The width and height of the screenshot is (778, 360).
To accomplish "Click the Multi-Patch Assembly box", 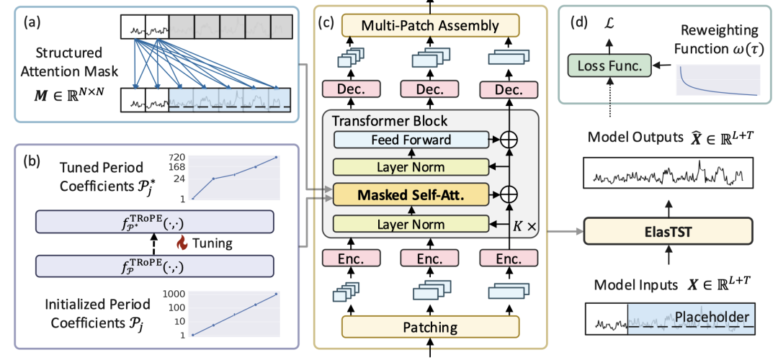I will pyautogui.click(x=431, y=26).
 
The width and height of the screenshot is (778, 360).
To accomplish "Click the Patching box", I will pyautogui.click(x=430, y=328).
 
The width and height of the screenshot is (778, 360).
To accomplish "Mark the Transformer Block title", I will pyautogui.click(x=390, y=120).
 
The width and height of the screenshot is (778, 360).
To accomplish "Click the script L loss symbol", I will pyautogui.click(x=611, y=23).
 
